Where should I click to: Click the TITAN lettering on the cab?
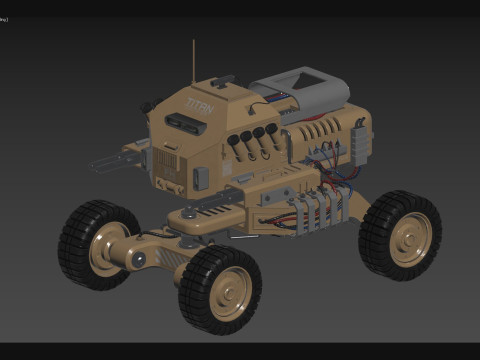pos(199,104)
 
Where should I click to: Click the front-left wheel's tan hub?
pos(108,248)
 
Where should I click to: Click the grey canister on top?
pos(299,91)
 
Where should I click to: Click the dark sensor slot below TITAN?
pos(182,122)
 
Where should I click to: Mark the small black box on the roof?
pos(222,81)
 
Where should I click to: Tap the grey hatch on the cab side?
pos(200,178)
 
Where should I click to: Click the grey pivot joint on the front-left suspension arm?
pos(139,260)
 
